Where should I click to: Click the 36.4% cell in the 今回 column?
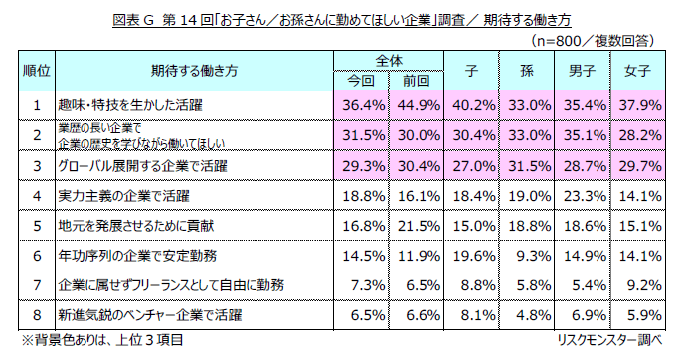click(363, 104)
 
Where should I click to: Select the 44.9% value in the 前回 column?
click(419, 104)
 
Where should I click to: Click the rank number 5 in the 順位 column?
click(36, 226)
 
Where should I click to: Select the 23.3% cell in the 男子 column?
click(583, 196)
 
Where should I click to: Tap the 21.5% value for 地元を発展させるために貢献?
click(419, 226)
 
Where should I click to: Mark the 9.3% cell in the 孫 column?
click(528, 256)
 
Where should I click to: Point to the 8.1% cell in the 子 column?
click(473, 315)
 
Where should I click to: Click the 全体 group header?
click(391, 60)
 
